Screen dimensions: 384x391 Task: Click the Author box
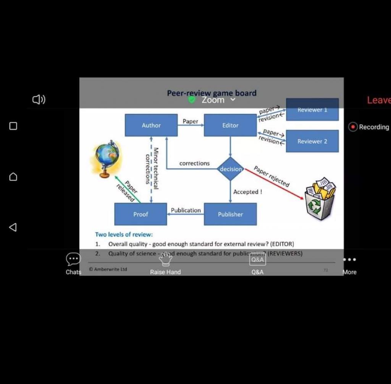tap(151, 125)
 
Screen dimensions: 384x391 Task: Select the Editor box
tap(230, 125)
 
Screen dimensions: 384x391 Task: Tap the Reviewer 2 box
tap(312, 141)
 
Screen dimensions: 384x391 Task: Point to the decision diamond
tap(231, 169)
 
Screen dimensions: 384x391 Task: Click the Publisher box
tap(230, 214)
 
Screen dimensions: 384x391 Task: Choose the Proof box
tap(141, 214)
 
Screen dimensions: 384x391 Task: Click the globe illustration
tap(107, 158)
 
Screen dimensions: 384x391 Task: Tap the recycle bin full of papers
tap(320, 198)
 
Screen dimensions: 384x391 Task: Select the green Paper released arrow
tap(128, 189)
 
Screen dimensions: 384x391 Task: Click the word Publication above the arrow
tap(186, 210)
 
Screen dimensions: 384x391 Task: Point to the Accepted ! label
tap(247, 192)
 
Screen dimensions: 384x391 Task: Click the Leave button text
tap(378, 100)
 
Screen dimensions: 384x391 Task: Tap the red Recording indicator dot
tap(353, 127)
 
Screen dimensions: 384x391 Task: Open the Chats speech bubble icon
tap(73, 259)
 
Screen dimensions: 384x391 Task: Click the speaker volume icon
tap(39, 100)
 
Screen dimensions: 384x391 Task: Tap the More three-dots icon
tap(349, 260)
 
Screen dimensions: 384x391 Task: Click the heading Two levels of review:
tap(124, 234)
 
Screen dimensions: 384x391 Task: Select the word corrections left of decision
tap(194, 163)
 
